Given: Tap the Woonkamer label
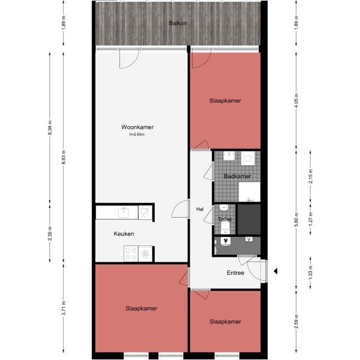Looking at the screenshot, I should (137, 127).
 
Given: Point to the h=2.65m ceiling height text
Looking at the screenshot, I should (137, 134).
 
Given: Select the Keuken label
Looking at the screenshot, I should (124, 234).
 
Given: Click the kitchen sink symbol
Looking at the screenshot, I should (124, 212).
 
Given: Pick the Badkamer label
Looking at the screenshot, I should (237, 176).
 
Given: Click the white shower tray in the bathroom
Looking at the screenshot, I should (248, 192).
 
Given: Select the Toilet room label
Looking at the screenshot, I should (225, 220).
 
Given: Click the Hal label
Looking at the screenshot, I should (200, 209).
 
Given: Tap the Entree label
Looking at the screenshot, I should (235, 273).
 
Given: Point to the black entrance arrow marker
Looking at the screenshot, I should (276, 272).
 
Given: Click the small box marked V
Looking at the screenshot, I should (248, 240).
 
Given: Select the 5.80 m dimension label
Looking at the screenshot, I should (296, 220).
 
